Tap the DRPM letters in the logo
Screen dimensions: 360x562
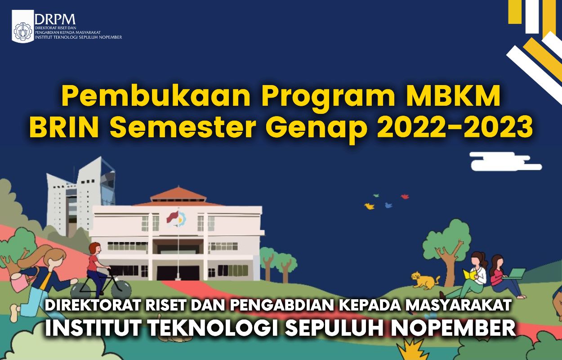(54, 19)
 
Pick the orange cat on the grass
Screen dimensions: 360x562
(424, 280)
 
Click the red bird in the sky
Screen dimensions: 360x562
(405, 196)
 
